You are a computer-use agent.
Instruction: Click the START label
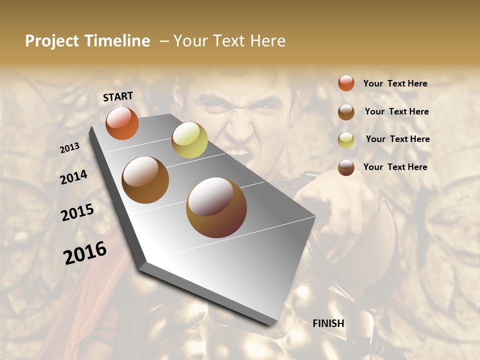pyautogui.click(x=118, y=96)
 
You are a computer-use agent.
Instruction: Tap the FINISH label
pyautogui.click(x=328, y=323)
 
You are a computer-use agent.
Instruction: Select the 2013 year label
pyautogui.click(x=69, y=147)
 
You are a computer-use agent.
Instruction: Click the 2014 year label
pyautogui.click(x=73, y=177)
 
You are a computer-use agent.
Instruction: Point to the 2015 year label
pyautogui.click(x=77, y=212)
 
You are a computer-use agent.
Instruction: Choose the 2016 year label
pyautogui.click(x=85, y=253)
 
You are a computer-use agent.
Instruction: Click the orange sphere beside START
pyautogui.click(x=122, y=123)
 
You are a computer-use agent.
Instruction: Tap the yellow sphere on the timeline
pyautogui.click(x=189, y=140)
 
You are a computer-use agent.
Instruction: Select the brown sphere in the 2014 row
pyautogui.click(x=145, y=179)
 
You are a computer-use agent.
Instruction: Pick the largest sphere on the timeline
pyautogui.click(x=216, y=207)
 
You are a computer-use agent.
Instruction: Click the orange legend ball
pyautogui.click(x=346, y=83)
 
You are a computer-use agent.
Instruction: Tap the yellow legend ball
pyautogui.click(x=346, y=140)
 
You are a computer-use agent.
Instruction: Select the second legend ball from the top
pyautogui.click(x=346, y=112)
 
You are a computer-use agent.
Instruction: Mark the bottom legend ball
pyautogui.click(x=346, y=168)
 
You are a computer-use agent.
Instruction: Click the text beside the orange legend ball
pyautogui.click(x=395, y=83)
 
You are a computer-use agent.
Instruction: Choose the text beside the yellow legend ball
pyautogui.click(x=397, y=139)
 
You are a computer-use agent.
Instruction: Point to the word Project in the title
pyautogui.click(x=52, y=41)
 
